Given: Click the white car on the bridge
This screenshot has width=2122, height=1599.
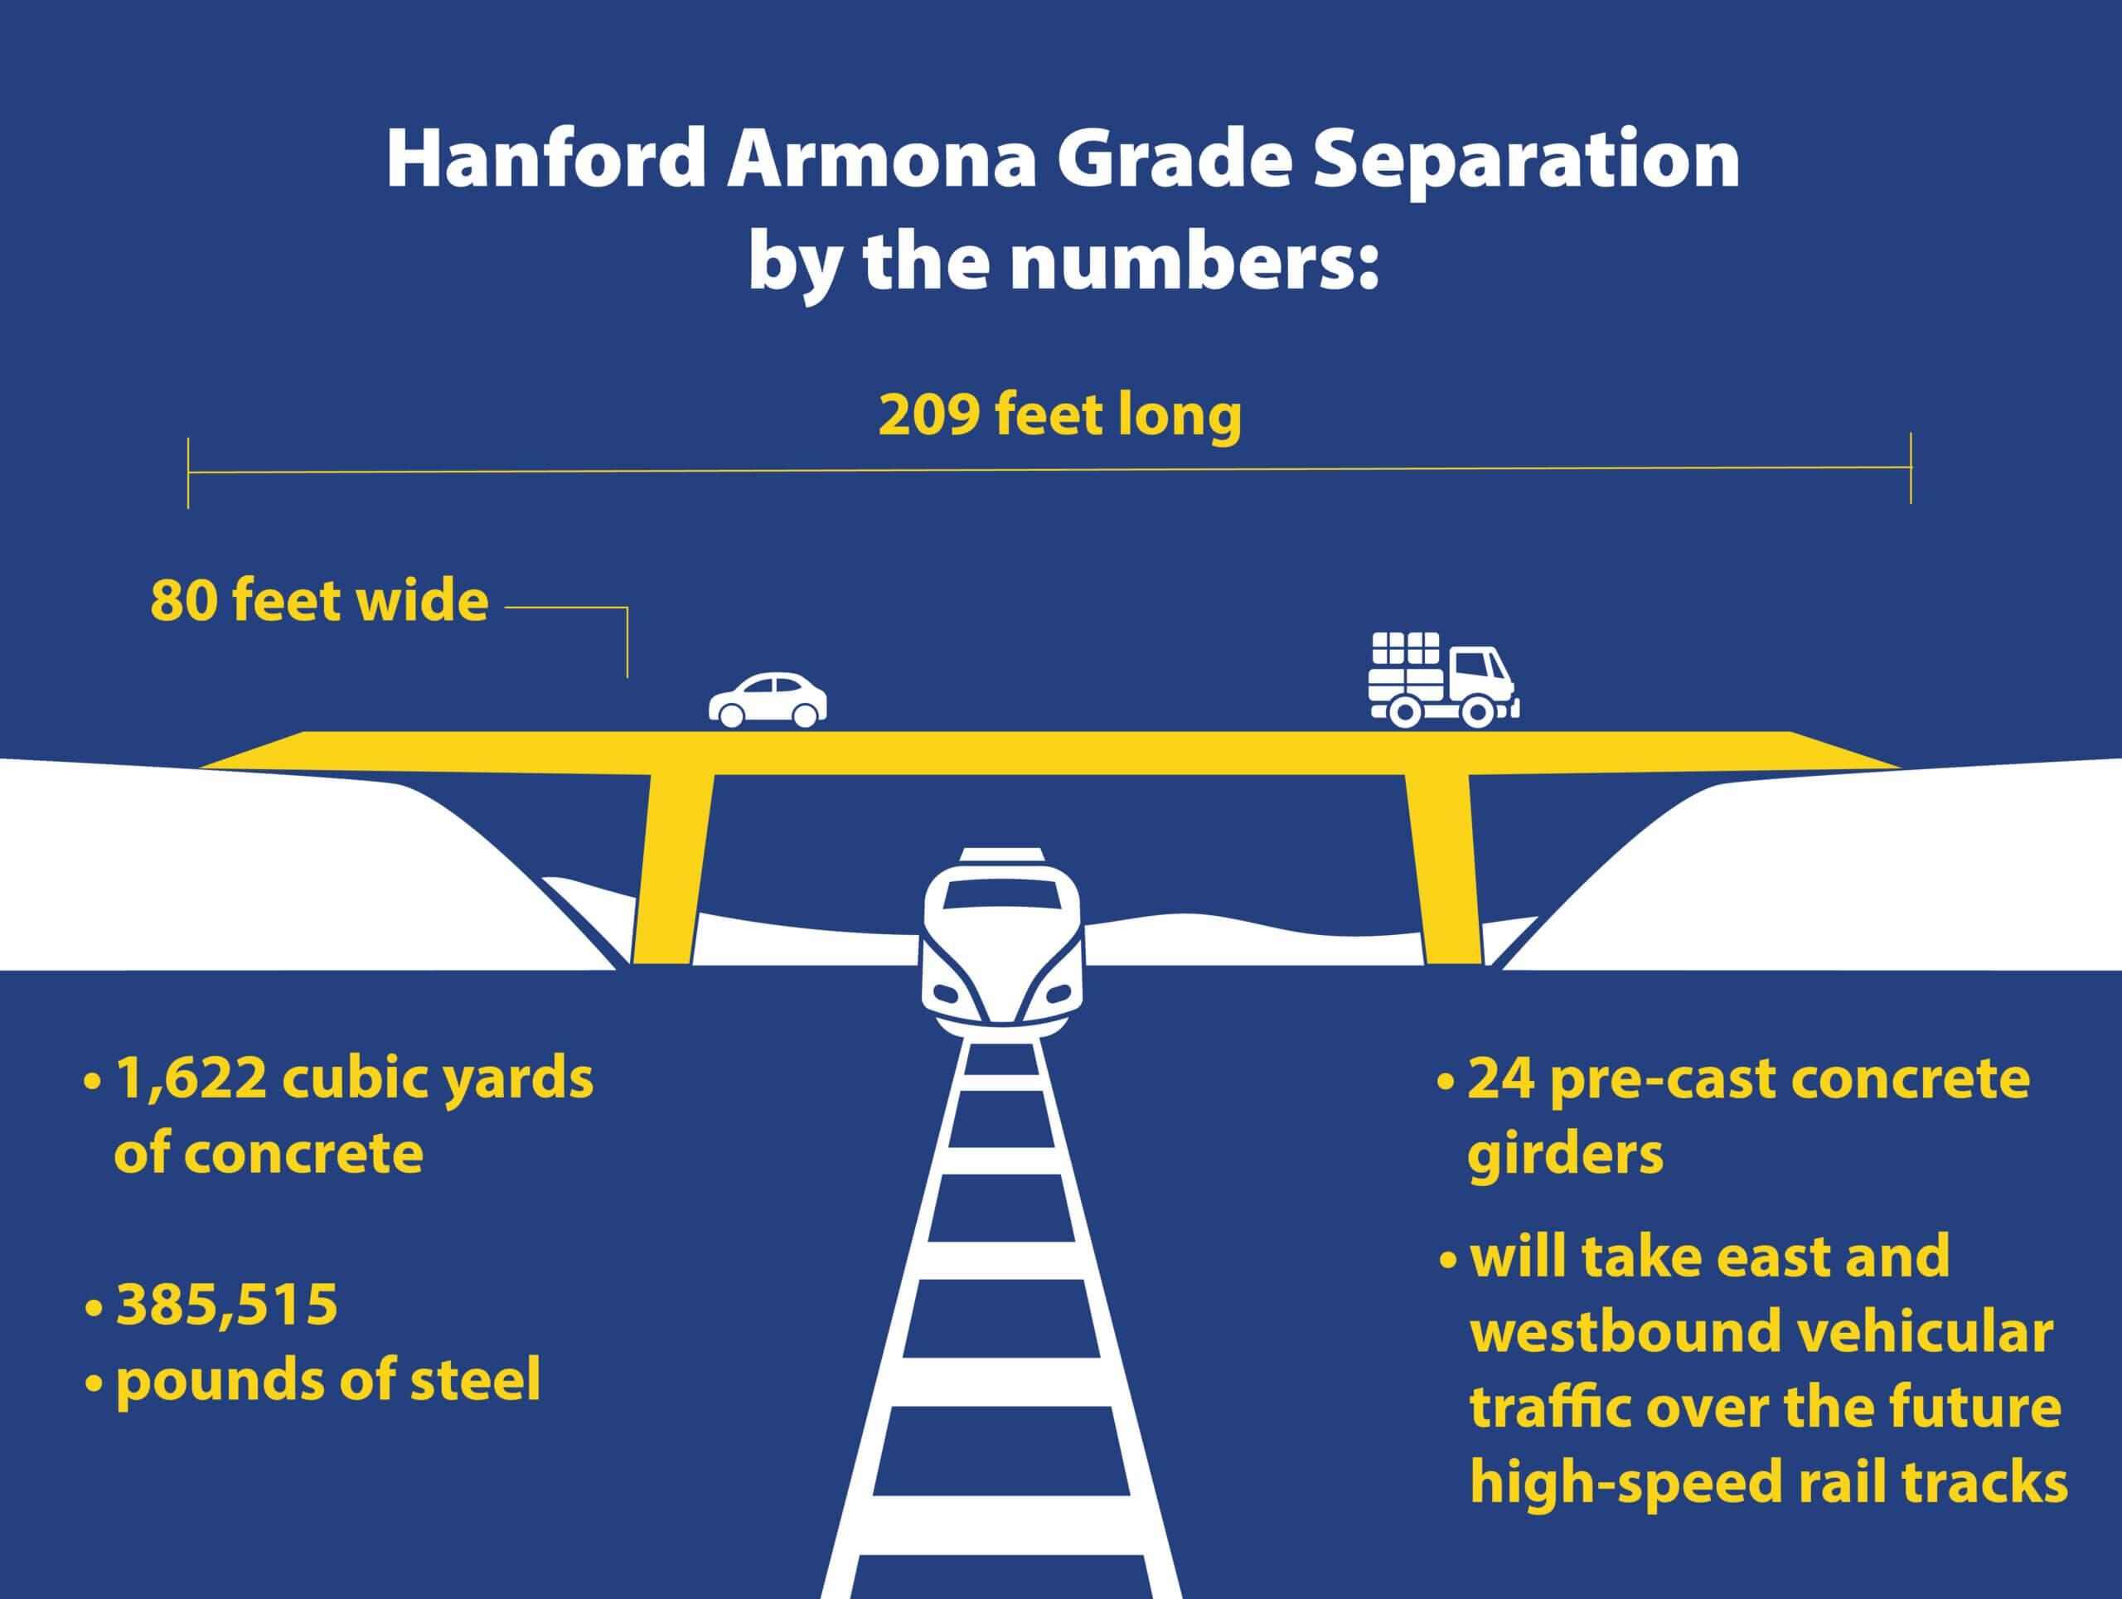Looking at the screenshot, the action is (x=768, y=700).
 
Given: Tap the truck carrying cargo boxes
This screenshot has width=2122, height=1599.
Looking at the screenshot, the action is (x=1444, y=679).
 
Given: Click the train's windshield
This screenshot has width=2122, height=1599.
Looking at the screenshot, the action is (x=1001, y=893).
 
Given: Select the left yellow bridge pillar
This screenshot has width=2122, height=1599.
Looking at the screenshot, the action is (x=671, y=868).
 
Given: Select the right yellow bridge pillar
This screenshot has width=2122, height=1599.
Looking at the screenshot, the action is (x=1444, y=868).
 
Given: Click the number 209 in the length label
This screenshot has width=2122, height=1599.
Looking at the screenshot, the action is (x=928, y=414).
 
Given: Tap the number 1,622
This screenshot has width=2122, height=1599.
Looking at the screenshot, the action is (x=191, y=1079).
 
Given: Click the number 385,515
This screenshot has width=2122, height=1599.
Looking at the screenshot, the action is (x=226, y=1305).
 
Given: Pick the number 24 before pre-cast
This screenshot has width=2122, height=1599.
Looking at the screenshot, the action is (x=1500, y=1078).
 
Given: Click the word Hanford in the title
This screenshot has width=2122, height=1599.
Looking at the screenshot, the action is (x=547, y=158).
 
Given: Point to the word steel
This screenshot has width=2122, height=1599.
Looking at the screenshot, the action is (x=475, y=1379).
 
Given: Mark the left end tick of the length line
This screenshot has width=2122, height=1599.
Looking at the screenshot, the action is (x=188, y=472).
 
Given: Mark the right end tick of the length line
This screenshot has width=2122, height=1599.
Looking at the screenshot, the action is (x=1911, y=468).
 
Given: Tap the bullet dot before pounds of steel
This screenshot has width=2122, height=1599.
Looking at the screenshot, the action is (x=94, y=1383).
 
